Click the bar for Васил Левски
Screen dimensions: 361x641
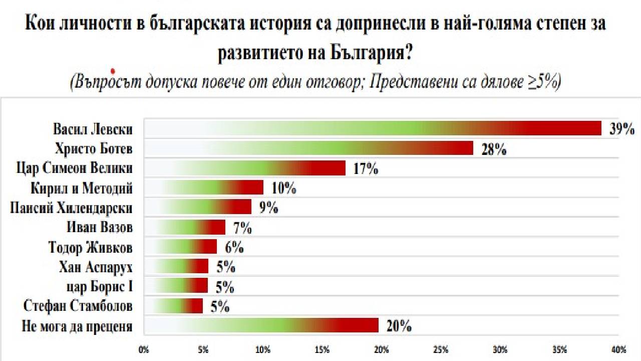point(373,128)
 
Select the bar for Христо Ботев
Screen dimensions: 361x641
point(308,148)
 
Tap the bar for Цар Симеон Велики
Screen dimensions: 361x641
point(244,168)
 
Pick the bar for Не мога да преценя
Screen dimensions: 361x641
point(261,325)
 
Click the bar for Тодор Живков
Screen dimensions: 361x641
point(180,246)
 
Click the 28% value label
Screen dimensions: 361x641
point(494,149)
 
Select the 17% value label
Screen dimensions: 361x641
point(365,168)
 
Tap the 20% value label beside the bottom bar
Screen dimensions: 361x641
point(399,326)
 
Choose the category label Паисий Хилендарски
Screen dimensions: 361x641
point(71,208)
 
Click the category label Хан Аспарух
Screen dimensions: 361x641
point(96,266)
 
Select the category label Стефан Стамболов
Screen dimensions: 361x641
point(78,305)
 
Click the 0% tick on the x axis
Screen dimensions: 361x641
point(144,349)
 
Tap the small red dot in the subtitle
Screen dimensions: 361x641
point(113,72)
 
